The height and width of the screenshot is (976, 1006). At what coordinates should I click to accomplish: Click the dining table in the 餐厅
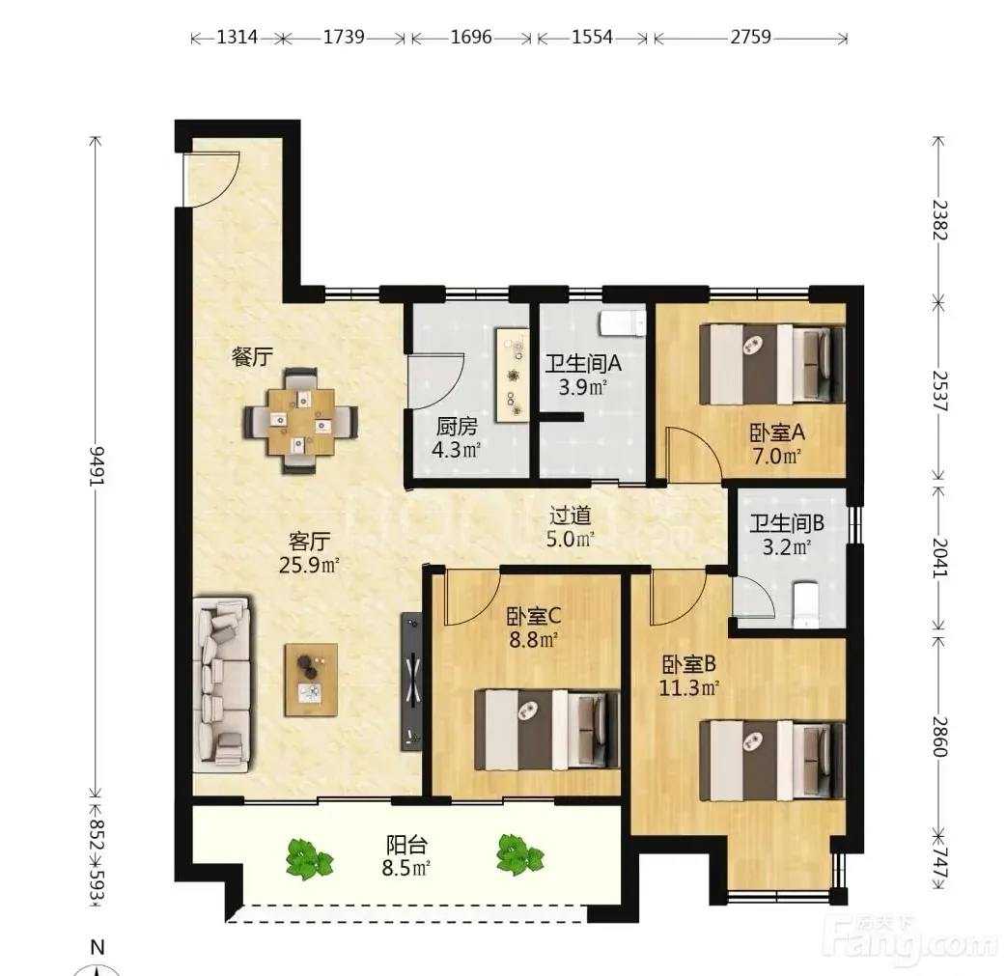coord(301,421)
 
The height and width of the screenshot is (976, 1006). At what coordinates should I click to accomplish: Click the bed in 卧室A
coord(771,364)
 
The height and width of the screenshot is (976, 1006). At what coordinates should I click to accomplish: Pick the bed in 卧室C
coord(547,730)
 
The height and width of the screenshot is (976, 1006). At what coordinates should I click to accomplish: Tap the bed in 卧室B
coord(771,761)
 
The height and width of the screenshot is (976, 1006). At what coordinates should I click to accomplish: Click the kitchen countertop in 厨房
coord(513,376)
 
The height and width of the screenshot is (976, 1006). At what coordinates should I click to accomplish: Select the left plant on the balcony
coord(310,858)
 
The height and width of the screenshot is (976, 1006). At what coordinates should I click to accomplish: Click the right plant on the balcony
coord(520,854)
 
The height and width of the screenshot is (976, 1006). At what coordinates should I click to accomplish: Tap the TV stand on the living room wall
coord(412,682)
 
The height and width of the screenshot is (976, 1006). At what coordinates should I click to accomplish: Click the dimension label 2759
coord(751,37)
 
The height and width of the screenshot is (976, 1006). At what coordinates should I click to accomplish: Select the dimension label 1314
coord(238,37)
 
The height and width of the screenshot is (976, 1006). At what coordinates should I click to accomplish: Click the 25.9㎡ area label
coord(309,566)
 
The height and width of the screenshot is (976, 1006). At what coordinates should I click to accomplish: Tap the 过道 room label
coord(570,516)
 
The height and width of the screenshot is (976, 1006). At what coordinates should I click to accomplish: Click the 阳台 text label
coord(406,845)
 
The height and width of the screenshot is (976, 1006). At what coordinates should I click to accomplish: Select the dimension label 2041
coord(940,557)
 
